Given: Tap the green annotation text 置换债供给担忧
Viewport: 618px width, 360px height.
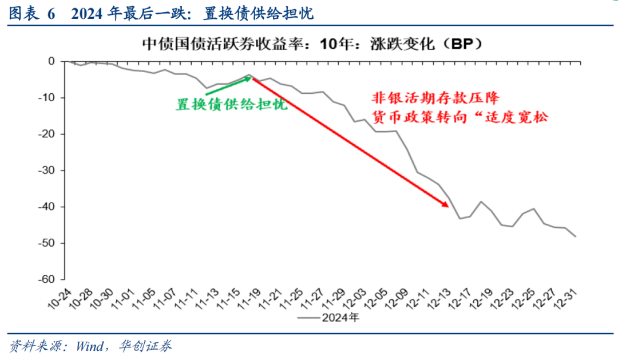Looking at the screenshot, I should [x=231, y=104].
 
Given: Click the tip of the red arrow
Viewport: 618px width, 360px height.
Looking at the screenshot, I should [x=448, y=207].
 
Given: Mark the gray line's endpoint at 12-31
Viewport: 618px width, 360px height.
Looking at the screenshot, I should [x=576, y=236].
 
